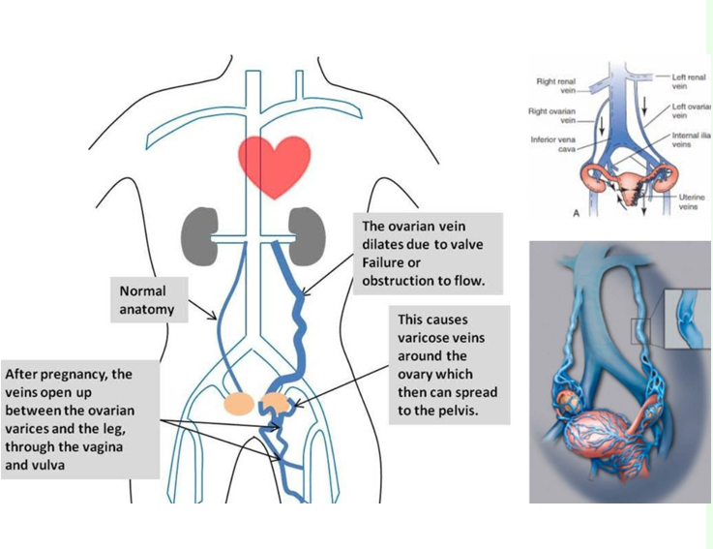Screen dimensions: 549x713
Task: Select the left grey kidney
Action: [x=198, y=232]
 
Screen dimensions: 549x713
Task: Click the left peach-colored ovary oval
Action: [x=237, y=404]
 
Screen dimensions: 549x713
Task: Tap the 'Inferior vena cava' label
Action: [x=554, y=144]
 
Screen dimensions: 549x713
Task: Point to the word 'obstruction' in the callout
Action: [x=398, y=282]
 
